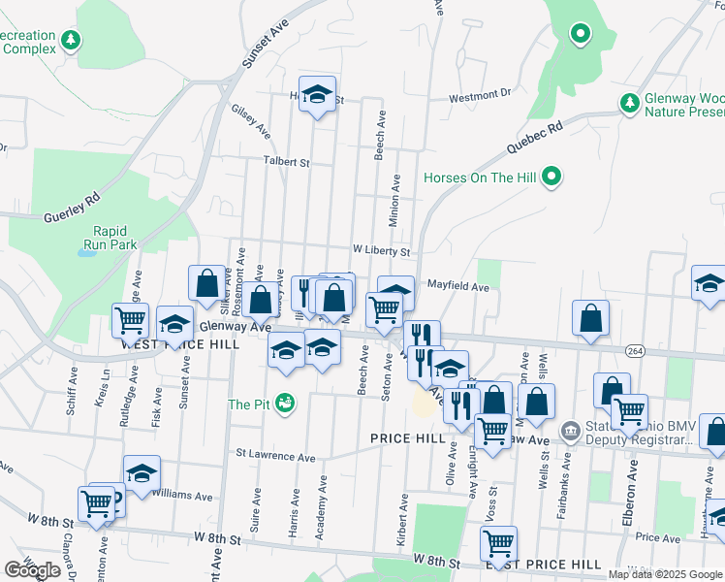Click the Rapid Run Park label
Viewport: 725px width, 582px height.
(x=117, y=238)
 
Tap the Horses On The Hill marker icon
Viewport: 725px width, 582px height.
(x=552, y=177)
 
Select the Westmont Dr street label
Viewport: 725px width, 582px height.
(x=480, y=95)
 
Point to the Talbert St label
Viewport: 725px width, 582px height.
(x=286, y=162)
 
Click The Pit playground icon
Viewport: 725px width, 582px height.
(x=284, y=403)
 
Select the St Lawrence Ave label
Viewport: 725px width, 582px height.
(x=276, y=456)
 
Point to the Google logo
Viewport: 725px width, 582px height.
(x=32, y=570)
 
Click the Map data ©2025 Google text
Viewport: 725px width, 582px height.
(x=666, y=574)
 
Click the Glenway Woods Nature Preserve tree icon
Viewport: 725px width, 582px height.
(x=629, y=102)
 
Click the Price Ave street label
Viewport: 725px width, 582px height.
(x=659, y=536)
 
